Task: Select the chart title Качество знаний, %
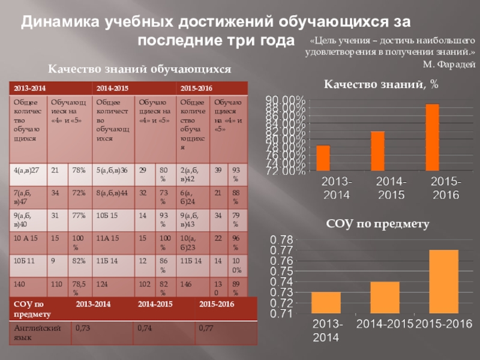pyautogui.click(x=382, y=85)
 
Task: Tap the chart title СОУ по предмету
pyautogui.click(x=378, y=224)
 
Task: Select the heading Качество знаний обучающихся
pyautogui.click(x=140, y=70)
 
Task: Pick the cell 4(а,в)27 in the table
pyautogui.click(x=26, y=171)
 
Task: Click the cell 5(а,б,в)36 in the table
pyautogui.click(x=112, y=171)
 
